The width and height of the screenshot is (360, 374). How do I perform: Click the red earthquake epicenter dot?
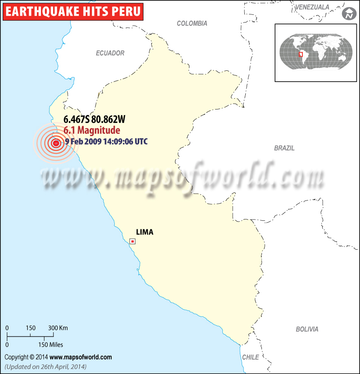pyautogui.click(x=56, y=143)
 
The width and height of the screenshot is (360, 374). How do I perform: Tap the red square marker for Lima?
pyautogui.click(x=132, y=242)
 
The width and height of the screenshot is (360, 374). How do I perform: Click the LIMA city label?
pyautogui.click(x=144, y=232)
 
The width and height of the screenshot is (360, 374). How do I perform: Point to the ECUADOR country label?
pyautogui.click(x=110, y=53)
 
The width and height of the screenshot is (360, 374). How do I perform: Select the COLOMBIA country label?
pyautogui.click(x=192, y=23)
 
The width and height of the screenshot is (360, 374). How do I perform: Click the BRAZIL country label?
pyautogui.click(x=284, y=148)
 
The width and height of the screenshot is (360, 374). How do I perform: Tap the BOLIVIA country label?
pyautogui.click(x=307, y=329)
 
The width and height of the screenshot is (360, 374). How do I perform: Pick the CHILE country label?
pyautogui.click(x=251, y=357)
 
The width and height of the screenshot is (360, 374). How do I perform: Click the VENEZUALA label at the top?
pyautogui.click(x=313, y=7)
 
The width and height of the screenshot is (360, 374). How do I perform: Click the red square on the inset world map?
pyautogui.click(x=301, y=55)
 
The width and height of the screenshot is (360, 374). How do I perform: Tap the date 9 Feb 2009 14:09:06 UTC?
pyautogui.click(x=106, y=141)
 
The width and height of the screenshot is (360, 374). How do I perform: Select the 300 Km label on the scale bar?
pyautogui.click(x=58, y=328)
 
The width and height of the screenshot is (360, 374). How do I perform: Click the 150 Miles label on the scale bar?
pyautogui.click(x=49, y=345)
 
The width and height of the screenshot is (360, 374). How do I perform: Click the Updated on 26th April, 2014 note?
pyautogui.click(x=45, y=366)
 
